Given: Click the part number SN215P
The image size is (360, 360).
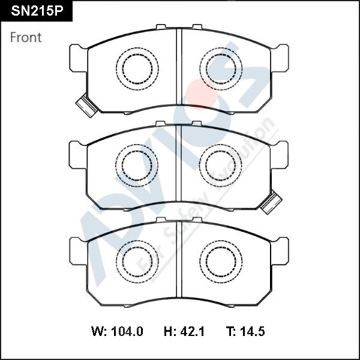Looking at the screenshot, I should tap(35, 11).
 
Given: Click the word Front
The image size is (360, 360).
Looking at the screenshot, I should tap(26, 37).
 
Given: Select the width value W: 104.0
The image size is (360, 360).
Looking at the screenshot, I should tap(117, 331).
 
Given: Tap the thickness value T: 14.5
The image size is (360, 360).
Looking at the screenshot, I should tap(245, 331).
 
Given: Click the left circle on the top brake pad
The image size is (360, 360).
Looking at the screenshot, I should tap(137, 68).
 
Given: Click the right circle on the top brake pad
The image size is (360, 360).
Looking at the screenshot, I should tap(220, 68).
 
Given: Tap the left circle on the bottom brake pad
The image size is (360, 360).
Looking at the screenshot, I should tap(137, 261).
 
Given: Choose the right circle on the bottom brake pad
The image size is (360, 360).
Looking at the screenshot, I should tap(220, 261).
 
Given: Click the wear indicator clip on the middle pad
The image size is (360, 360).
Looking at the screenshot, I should tap(272, 202).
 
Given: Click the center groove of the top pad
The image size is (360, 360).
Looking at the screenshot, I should tap(178, 69).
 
